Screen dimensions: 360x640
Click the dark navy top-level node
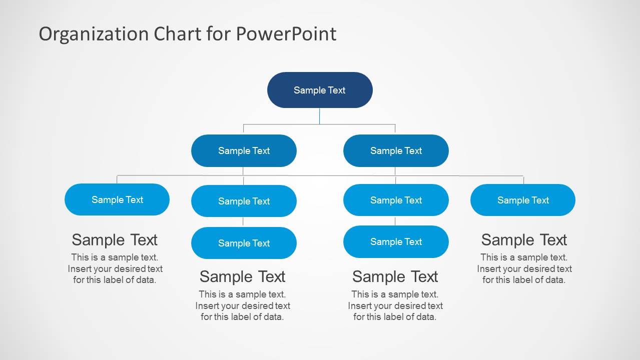click(x=320, y=90)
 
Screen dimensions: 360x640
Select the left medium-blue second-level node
click(x=244, y=150)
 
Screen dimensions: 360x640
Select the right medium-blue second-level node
click(x=396, y=150)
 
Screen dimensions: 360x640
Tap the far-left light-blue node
click(x=117, y=199)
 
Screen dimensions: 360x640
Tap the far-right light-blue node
click(x=523, y=200)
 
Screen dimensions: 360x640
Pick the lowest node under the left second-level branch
click(x=244, y=243)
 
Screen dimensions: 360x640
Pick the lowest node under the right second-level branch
click(x=396, y=241)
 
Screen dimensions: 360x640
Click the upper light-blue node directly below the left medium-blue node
click(x=244, y=201)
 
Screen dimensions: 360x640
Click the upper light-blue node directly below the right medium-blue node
click(x=396, y=200)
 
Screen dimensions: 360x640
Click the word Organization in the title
click(x=94, y=34)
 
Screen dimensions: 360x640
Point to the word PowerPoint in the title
click(x=286, y=34)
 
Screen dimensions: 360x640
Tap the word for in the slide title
click(x=218, y=34)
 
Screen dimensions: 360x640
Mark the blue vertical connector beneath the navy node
click(x=319, y=116)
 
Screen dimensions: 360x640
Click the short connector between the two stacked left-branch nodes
click(x=243, y=222)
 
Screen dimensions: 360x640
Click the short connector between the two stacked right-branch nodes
click(x=395, y=221)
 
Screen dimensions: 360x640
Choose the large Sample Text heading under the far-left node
click(x=115, y=240)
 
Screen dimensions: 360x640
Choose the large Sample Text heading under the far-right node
click(x=524, y=240)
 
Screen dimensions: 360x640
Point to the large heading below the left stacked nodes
click(x=242, y=276)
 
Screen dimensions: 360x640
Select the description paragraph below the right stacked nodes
click(x=395, y=305)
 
